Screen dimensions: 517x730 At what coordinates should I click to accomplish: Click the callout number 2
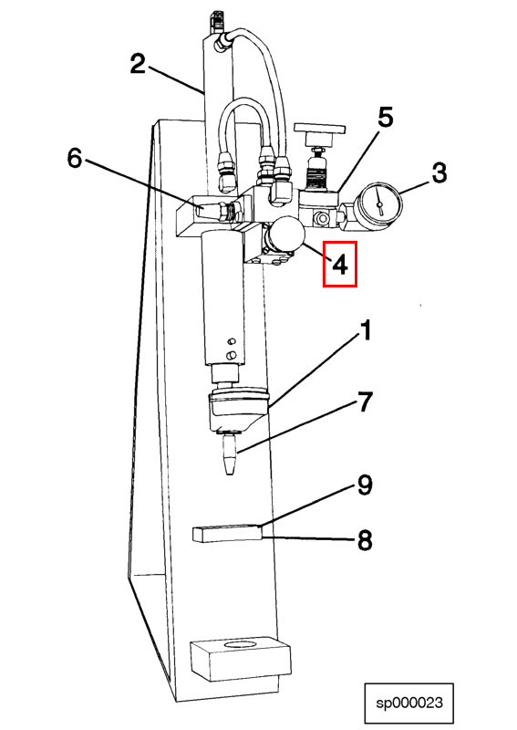click(x=139, y=64)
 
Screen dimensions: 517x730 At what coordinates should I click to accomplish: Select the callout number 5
click(x=386, y=118)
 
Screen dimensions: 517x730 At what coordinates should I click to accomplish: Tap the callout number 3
click(x=439, y=172)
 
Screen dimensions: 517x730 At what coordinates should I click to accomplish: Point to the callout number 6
click(x=76, y=158)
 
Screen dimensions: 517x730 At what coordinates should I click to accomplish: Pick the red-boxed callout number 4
click(x=340, y=264)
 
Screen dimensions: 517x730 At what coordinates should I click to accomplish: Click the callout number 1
click(x=367, y=330)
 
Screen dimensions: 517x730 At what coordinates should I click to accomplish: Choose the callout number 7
click(x=366, y=401)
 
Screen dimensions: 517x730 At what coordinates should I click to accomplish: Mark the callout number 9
click(x=366, y=485)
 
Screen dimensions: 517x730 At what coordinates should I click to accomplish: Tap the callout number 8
click(x=366, y=540)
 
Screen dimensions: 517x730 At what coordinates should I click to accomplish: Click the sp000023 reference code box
click(x=409, y=703)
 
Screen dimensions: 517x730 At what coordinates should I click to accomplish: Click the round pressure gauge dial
click(x=379, y=203)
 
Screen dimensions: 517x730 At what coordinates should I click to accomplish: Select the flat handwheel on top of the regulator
click(x=319, y=128)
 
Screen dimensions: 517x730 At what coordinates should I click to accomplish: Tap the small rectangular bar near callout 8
click(x=227, y=533)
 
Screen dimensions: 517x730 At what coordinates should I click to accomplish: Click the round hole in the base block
click(x=240, y=645)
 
